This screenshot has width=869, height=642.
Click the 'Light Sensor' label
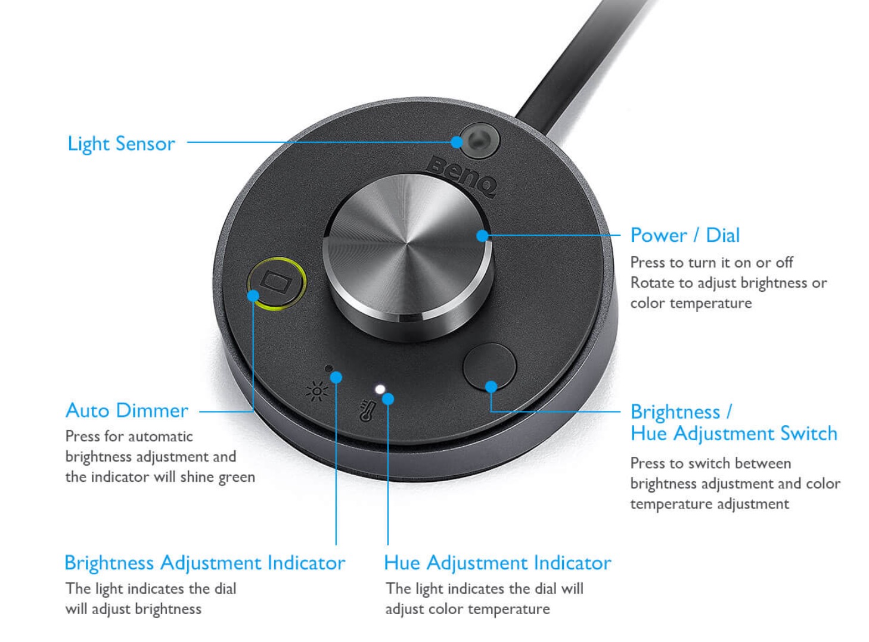point(121,144)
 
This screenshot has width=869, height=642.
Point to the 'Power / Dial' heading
point(685,235)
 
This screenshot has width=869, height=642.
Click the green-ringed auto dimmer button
point(277,283)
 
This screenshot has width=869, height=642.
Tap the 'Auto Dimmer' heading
point(127,411)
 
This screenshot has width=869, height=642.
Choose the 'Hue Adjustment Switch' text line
point(734,434)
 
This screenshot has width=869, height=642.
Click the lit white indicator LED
point(380,389)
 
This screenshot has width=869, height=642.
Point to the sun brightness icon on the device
point(317,391)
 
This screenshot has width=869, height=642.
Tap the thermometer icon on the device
point(367,411)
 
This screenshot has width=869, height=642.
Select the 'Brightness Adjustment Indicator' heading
point(205,563)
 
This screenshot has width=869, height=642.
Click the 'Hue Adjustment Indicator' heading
point(498,563)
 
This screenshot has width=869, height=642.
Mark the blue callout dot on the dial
point(482,236)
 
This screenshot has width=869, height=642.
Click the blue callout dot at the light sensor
point(457,142)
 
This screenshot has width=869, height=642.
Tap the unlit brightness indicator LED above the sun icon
point(329,369)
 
